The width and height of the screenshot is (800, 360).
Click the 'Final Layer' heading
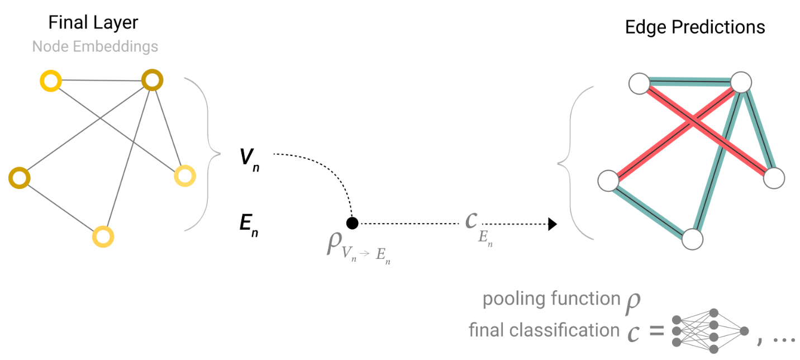(x=93, y=23)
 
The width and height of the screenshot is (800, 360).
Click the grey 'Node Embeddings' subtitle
(x=95, y=46)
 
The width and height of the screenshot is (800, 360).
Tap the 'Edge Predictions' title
(x=695, y=27)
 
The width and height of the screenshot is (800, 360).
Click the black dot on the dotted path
(x=352, y=224)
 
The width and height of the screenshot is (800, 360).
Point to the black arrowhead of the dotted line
(x=553, y=225)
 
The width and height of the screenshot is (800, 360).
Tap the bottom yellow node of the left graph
(x=103, y=236)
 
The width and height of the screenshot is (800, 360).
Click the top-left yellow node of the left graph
(x=50, y=82)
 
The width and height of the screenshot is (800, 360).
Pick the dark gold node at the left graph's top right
(x=152, y=80)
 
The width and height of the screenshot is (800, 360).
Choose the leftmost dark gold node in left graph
(x=19, y=178)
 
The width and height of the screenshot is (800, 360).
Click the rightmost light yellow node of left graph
(x=184, y=176)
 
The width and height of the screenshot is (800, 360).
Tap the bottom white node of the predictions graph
(x=692, y=239)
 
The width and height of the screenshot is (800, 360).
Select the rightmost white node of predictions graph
(x=774, y=178)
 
